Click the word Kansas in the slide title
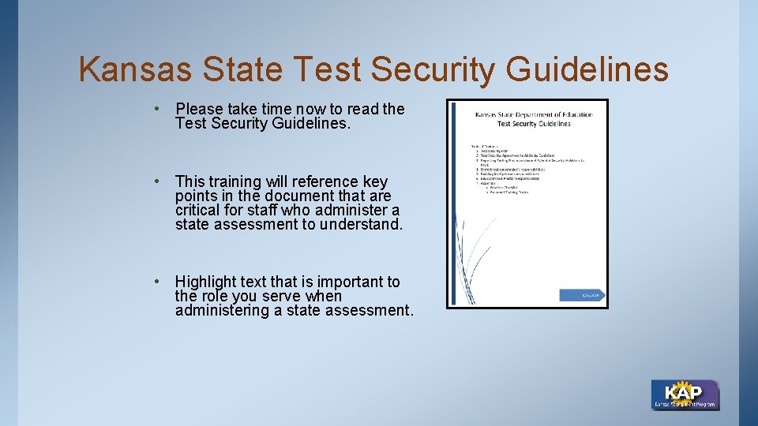(x=135, y=69)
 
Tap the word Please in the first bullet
(x=199, y=109)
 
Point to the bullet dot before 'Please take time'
(x=159, y=108)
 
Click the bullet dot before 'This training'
(x=159, y=181)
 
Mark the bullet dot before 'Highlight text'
(x=159, y=281)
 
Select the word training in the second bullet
(x=242, y=181)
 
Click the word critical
(x=199, y=211)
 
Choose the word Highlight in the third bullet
(x=207, y=282)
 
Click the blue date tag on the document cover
(x=581, y=294)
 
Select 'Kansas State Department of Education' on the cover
(x=534, y=115)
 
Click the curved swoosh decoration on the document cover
(x=478, y=252)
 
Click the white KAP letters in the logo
(x=683, y=392)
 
